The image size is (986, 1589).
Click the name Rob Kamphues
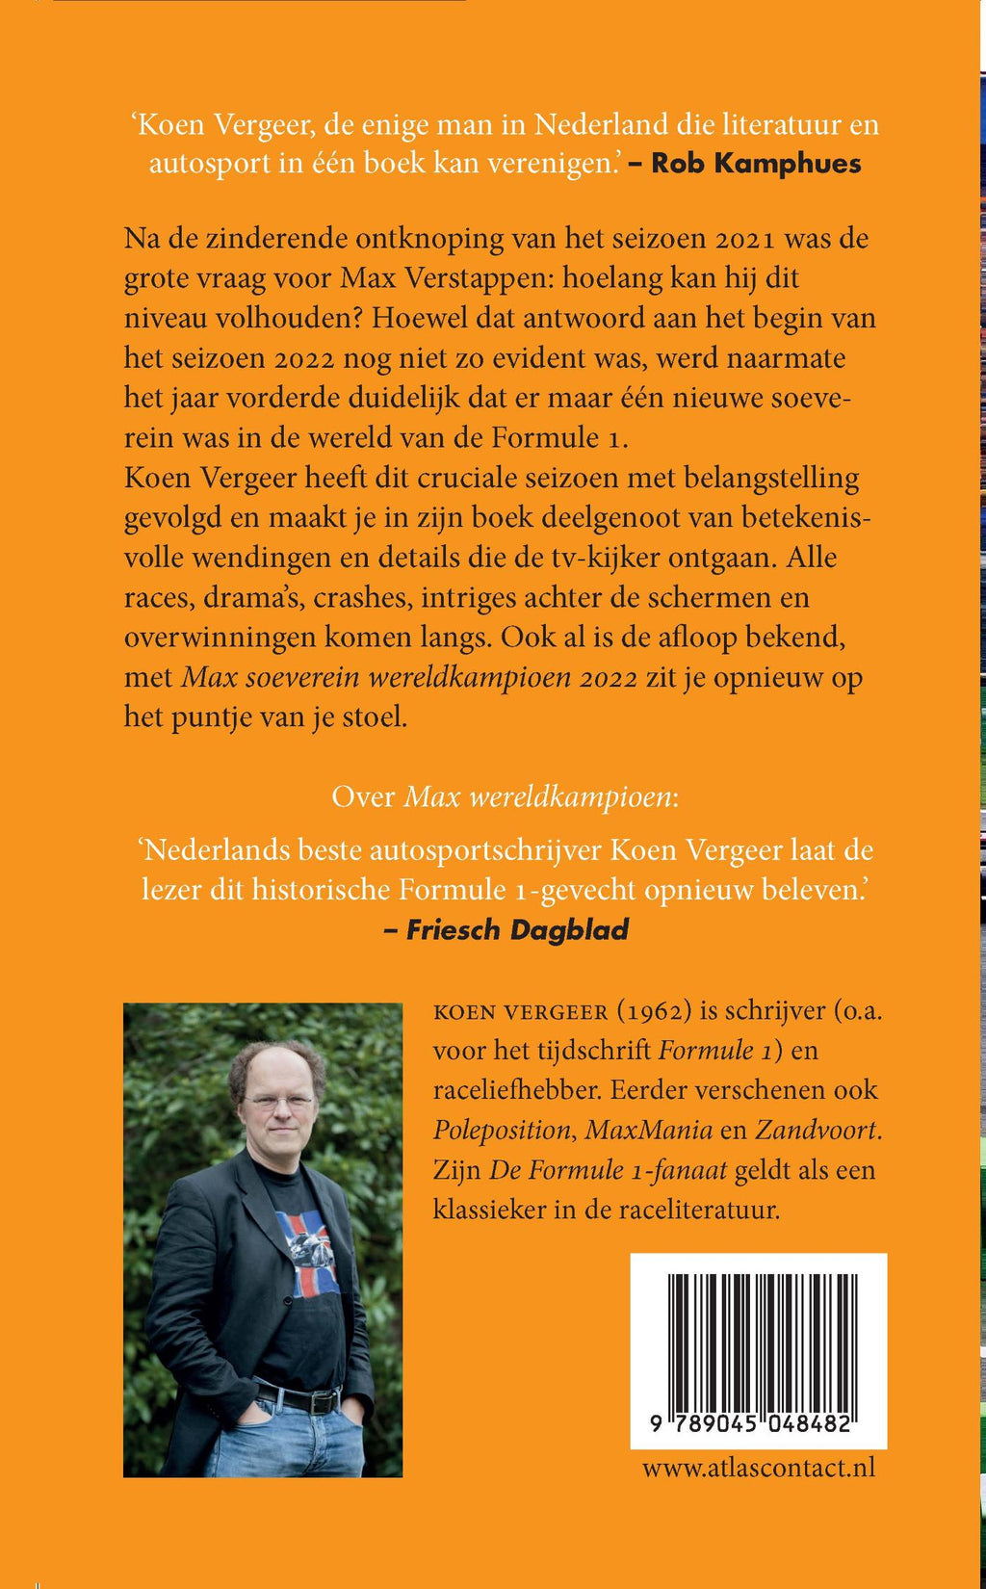tap(756, 163)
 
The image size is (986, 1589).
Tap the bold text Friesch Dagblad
tap(517, 929)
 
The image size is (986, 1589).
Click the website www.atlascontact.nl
tap(759, 1467)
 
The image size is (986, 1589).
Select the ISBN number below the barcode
tap(752, 1424)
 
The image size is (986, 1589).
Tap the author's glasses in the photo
tap(277, 1099)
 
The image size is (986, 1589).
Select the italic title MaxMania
tap(649, 1130)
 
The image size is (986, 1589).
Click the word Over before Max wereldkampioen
tap(363, 796)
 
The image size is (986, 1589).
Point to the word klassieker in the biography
tap(489, 1210)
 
